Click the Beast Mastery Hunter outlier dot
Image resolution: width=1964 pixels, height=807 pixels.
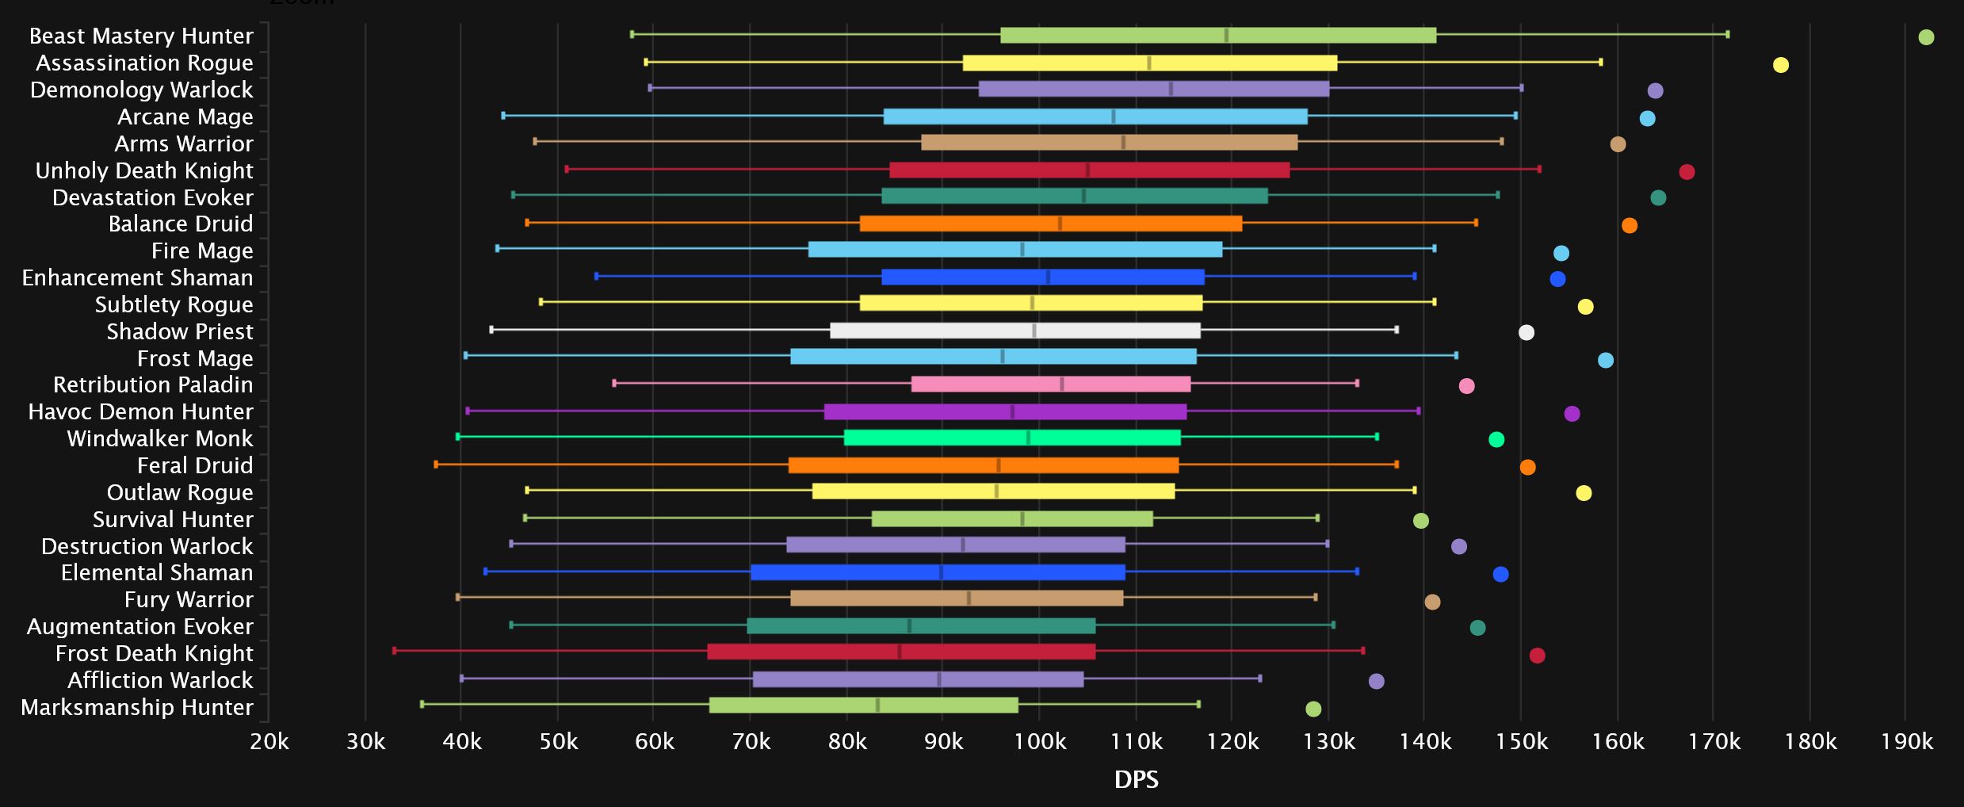1926,37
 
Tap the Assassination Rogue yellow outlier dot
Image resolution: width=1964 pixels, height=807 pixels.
1781,65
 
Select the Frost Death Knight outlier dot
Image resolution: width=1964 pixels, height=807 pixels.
1537,656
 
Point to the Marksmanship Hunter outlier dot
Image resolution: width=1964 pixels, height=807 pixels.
1313,709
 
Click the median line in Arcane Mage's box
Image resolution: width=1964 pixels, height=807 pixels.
1114,117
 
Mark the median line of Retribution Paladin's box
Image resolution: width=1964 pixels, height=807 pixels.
1062,384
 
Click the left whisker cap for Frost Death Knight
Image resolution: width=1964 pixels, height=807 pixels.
395,651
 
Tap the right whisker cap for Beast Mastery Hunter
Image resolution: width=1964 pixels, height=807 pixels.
1727,34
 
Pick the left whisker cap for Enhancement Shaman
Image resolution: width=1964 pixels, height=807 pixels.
597,276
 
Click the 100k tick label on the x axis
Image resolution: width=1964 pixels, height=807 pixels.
1040,742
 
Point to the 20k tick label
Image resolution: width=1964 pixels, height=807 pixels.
269,742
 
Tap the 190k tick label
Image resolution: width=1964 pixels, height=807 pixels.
1907,742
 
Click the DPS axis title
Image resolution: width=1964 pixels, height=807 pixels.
1136,780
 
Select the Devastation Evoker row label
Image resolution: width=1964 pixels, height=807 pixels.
153,197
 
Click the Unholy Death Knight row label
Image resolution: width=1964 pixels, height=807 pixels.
144,170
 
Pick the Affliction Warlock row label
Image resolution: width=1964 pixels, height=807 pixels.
160,680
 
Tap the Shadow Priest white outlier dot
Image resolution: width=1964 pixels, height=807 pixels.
1526,333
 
